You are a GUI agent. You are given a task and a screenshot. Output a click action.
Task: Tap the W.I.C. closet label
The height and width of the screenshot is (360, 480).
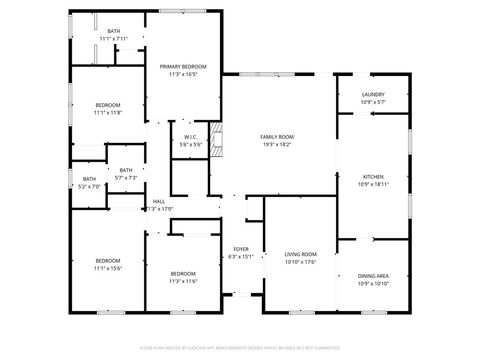pyautogui.click(x=190, y=137)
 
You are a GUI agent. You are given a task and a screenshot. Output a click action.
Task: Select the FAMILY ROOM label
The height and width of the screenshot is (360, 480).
pyautogui.click(x=276, y=137)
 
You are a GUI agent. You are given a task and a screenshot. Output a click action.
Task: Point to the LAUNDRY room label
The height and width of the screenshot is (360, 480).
pyautogui.click(x=373, y=94)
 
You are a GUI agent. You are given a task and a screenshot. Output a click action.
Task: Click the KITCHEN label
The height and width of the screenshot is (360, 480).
pyautogui.click(x=372, y=176)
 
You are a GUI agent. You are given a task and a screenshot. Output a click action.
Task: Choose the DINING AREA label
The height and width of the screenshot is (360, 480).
pyautogui.click(x=372, y=275)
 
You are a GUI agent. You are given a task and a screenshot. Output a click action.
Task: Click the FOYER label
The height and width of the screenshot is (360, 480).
pyautogui.click(x=241, y=248)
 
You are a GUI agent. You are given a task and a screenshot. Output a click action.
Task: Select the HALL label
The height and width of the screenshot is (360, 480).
pyautogui.click(x=158, y=201)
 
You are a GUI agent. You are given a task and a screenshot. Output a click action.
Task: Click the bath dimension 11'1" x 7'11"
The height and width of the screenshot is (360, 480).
pyautogui.click(x=113, y=38)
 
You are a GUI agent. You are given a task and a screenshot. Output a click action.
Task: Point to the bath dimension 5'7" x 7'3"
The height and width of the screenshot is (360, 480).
pyautogui.click(x=125, y=178)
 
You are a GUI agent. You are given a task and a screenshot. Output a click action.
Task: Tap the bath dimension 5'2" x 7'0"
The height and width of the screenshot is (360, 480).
pyautogui.click(x=90, y=186)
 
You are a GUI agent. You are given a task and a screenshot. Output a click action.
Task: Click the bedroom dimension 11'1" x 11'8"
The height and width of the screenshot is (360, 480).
pyautogui.click(x=108, y=113)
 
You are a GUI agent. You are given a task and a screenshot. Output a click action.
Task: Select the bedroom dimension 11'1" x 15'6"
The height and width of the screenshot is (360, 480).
pyautogui.click(x=107, y=268)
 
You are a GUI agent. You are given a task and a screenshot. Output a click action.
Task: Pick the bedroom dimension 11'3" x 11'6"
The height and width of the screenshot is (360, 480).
pyautogui.click(x=182, y=281)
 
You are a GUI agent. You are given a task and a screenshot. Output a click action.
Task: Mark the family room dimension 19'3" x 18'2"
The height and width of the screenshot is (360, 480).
pyautogui.click(x=276, y=145)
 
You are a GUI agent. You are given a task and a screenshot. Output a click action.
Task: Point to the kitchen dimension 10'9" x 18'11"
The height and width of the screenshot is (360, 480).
pyautogui.click(x=372, y=184)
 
